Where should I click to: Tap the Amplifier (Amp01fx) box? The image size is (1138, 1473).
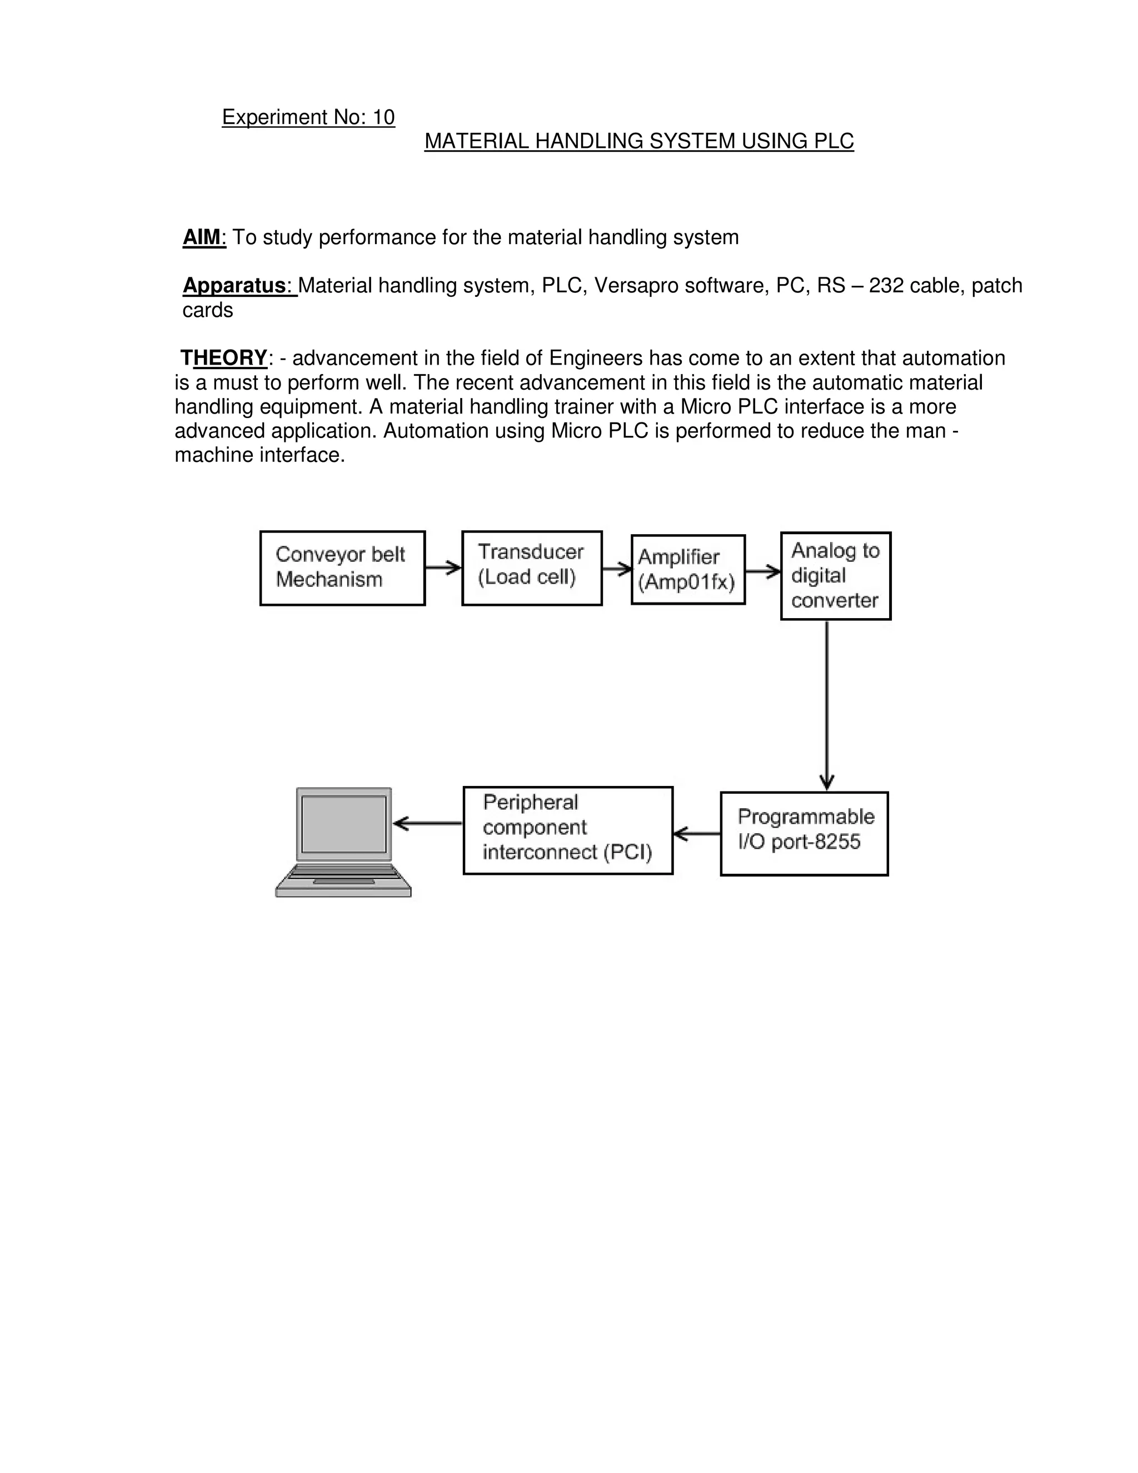(688, 569)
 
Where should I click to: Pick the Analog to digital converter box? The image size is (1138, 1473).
(835, 575)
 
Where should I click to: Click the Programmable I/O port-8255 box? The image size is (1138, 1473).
(803, 833)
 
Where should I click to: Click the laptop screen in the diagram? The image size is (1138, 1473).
(344, 824)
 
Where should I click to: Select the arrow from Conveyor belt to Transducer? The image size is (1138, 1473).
(443, 568)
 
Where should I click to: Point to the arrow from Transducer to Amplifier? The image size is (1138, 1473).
(616, 570)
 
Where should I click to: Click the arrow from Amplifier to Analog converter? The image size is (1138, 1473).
(762, 572)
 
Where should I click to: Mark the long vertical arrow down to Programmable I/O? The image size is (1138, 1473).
(826, 705)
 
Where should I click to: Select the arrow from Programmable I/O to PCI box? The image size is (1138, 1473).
(696, 834)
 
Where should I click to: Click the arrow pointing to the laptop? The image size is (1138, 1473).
(427, 824)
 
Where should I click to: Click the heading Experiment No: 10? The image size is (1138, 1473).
(308, 117)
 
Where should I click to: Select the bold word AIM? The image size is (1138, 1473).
(202, 237)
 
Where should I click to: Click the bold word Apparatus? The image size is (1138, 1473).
(234, 285)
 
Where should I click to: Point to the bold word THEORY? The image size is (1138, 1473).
(225, 357)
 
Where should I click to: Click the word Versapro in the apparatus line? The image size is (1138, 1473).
(636, 285)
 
